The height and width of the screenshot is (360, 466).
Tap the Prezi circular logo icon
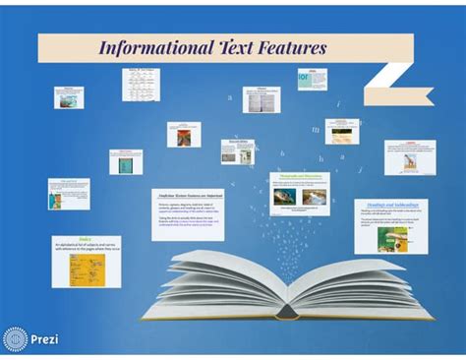(x=16, y=339)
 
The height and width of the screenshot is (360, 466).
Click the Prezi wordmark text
(x=45, y=339)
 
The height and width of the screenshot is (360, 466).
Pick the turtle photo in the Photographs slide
(x=285, y=196)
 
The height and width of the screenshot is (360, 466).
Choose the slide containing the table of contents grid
(x=141, y=85)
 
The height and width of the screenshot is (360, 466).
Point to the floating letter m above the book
(x=316, y=129)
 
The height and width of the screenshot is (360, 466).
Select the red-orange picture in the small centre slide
(x=183, y=137)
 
